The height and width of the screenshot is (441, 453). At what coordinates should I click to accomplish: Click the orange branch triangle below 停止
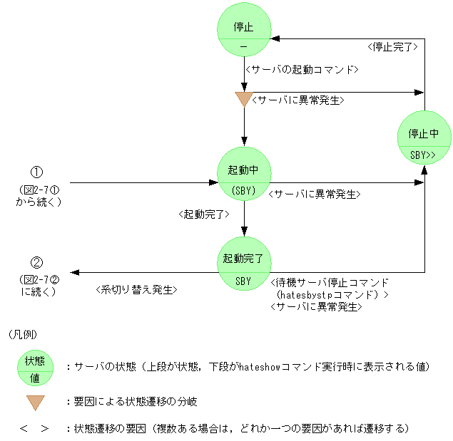244,99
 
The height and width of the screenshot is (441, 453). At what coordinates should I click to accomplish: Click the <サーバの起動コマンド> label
300,70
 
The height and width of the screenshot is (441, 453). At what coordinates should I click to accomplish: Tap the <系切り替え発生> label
136,290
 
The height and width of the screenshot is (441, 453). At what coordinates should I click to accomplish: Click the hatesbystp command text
331,294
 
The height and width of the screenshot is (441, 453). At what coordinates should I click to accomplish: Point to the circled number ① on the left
37,172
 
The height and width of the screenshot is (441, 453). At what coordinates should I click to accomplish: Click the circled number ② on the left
37,262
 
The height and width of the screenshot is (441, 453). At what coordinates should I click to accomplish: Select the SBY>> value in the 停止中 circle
424,154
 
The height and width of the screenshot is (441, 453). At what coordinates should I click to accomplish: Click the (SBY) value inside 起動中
243,191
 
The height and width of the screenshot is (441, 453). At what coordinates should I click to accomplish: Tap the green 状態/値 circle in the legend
36,366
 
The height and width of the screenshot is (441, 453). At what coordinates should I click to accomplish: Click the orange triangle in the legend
36,403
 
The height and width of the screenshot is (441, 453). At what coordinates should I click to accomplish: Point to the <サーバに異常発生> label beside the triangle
300,100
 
